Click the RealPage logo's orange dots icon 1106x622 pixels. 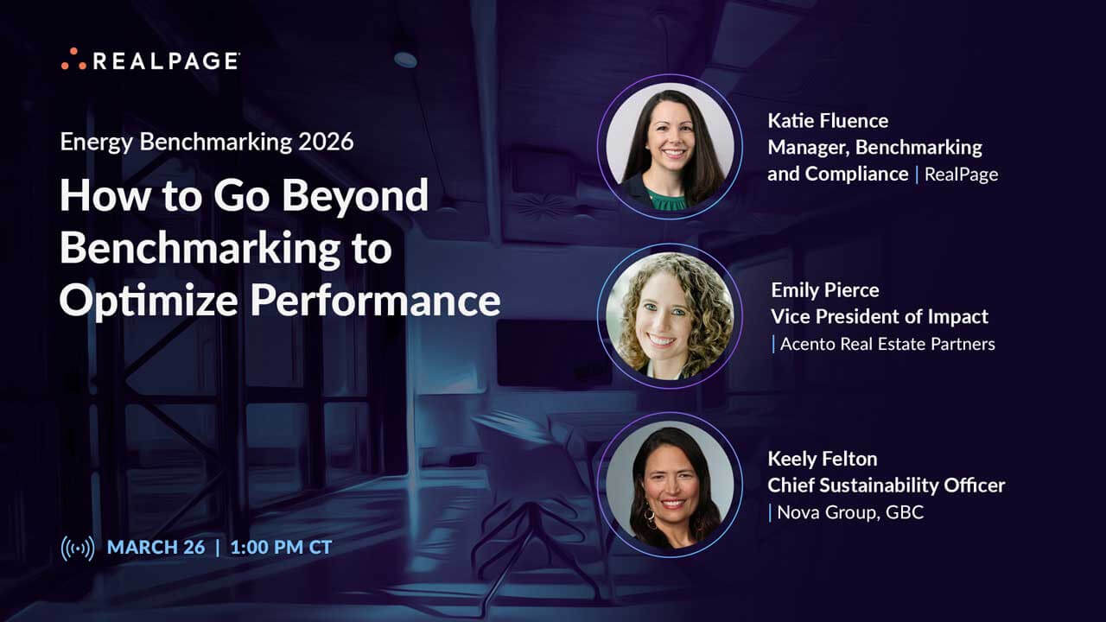[x=73, y=60]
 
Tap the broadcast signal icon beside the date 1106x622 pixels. [x=77, y=548]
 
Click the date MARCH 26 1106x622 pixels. [x=156, y=548]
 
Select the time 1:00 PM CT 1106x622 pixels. [x=281, y=548]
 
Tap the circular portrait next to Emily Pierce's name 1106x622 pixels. [x=670, y=315]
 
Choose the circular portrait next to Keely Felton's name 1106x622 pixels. [x=670, y=485]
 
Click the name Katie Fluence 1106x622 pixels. [x=827, y=120]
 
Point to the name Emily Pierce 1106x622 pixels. [x=824, y=289]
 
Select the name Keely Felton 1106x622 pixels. [x=823, y=459]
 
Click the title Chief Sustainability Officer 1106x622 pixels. [x=887, y=486]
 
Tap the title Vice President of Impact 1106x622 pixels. [x=880, y=316]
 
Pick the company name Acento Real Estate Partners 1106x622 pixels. [x=887, y=344]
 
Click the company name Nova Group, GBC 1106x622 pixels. [x=850, y=512]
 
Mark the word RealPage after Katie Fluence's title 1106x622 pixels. [x=961, y=174]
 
